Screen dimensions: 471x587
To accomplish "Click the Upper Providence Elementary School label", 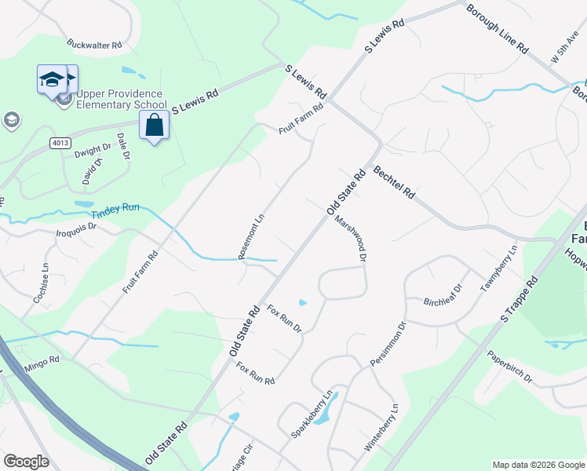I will (120, 99).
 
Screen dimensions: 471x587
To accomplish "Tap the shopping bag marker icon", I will (155, 126).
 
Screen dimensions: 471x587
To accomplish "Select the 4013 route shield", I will (60, 142).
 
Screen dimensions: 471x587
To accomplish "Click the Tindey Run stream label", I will (115, 208).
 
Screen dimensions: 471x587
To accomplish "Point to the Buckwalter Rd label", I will (95, 45).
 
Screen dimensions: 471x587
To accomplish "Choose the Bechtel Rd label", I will (394, 182).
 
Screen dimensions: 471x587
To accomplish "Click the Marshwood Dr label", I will (351, 239).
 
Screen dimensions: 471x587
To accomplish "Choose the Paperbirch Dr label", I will (510, 367).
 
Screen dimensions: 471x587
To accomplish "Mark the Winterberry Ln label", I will (381, 427).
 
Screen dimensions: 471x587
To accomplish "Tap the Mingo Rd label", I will (41, 362).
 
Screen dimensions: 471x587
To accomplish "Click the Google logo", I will (27, 462).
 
